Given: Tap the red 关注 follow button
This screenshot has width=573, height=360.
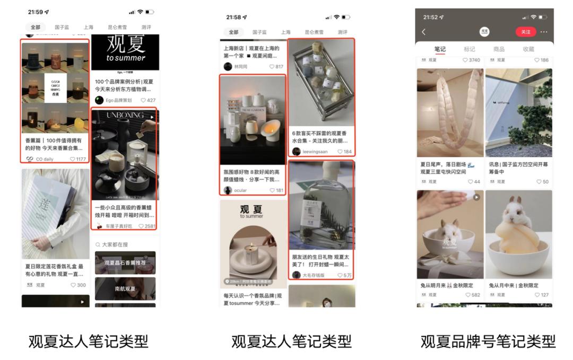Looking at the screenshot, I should (x=525, y=32).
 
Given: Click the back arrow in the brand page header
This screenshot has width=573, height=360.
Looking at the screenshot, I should (x=423, y=32).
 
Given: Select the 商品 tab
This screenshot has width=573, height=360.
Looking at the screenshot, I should (x=499, y=49).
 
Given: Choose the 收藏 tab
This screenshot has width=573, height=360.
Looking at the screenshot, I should (x=528, y=49).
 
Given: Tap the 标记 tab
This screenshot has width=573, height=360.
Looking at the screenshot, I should (x=470, y=49).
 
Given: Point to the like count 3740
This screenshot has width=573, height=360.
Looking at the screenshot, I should (x=471, y=60).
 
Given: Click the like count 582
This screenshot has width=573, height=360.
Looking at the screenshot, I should (x=473, y=295).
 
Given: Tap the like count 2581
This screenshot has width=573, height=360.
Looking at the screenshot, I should (x=148, y=226).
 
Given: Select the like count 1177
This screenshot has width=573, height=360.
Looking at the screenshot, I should (x=78, y=159).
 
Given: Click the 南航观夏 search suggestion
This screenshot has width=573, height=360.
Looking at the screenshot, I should (x=125, y=289).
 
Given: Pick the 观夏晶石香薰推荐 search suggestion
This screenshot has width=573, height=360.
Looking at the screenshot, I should (x=125, y=263).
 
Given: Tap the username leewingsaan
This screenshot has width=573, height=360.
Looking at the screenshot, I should (x=315, y=152).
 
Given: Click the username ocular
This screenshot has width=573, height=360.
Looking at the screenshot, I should (x=240, y=190).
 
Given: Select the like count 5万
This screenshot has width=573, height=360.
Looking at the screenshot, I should (x=345, y=275).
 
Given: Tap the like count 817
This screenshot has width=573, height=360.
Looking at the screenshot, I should (x=276, y=66).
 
